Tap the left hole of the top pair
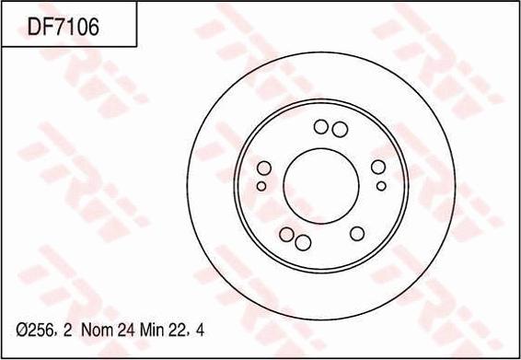(x=321, y=127)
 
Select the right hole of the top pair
(x=339, y=128)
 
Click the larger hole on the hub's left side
(x=263, y=168)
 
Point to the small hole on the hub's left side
(x=261, y=186)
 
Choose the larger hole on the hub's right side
(x=377, y=168)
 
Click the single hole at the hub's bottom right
(x=356, y=234)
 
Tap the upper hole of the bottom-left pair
(x=287, y=234)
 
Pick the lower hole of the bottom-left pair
(x=302, y=243)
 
